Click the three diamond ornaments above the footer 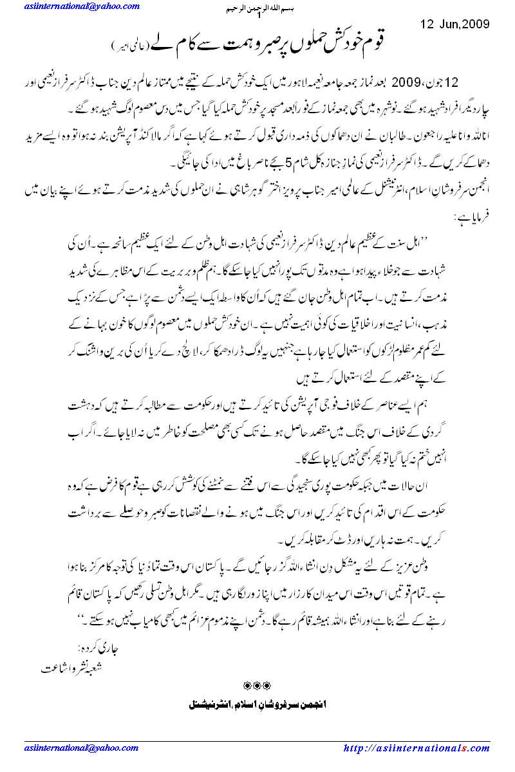click(257, 684)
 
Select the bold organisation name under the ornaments click(257, 703)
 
